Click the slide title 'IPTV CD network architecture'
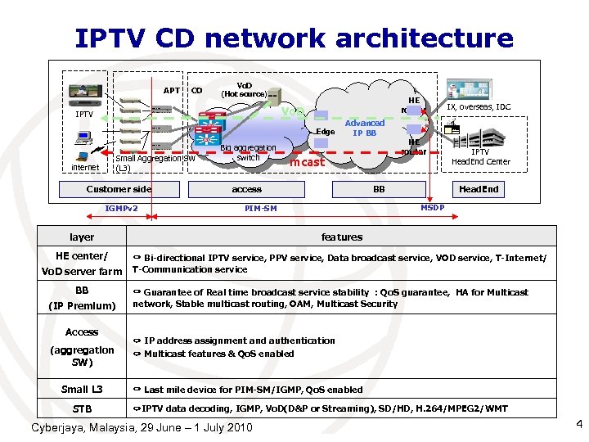click(x=294, y=38)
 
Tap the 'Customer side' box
click(x=119, y=189)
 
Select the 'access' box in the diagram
click(x=246, y=189)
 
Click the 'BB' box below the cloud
click(x=379, y=189)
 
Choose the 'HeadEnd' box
click(x=479, y=189)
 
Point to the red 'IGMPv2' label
click(x=121, y=209)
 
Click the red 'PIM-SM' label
click(x=261, y=209)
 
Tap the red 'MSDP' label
click(x=432, y=207)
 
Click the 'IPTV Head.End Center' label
click(x=480, y=156)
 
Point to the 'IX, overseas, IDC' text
click(x=479, y=106)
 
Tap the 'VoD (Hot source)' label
click(x=244, y=89)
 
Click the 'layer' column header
click(x=82, y=237)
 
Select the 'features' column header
click(x=341, y=237)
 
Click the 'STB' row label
click(x=82, y=408)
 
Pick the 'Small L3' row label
click(x=82, y=390)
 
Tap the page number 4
click(x=578, y=424)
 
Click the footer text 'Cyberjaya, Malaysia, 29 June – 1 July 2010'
click(x=142, y=428)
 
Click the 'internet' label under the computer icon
click(x=84, y=168)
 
